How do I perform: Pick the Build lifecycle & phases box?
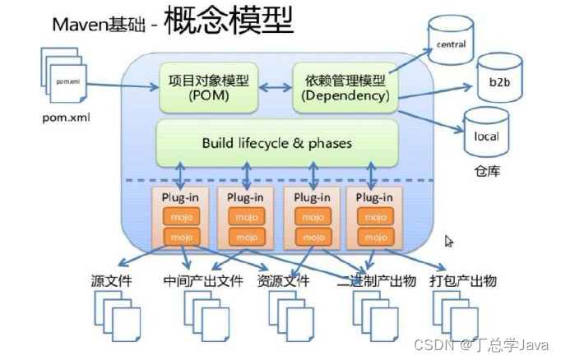click(x=277, y=143)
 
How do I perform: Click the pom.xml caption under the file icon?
click(x=65, y=117)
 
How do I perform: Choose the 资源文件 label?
click(x=284, y=281)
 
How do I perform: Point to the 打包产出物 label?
click(x=463, y=281)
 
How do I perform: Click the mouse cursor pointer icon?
click(x=449, y=242)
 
